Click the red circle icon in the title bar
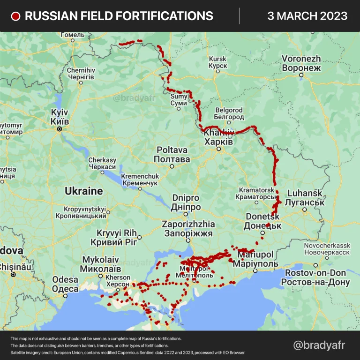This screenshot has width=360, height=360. (x=16, y=16)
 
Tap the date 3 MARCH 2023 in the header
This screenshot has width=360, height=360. (x=307, y=16)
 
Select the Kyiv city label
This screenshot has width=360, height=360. (x=60, y=117)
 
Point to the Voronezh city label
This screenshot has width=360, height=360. (x=301, y=63)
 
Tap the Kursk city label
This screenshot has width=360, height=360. (x=217, y=62)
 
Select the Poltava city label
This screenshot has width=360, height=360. (x=172, y=155)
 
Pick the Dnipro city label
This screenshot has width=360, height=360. (x=186, y=202)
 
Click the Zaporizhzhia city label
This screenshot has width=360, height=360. (x=188, y=228)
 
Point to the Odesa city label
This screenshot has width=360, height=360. (x=65, y=284)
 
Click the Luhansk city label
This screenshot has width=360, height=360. (x=305, y=197)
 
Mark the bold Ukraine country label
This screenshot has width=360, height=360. (x=83, y=191)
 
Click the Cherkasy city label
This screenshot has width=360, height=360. (x=102, y=164)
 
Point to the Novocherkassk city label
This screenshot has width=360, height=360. (x=327, y=249)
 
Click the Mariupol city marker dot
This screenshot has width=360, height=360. (x=255, y=271)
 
